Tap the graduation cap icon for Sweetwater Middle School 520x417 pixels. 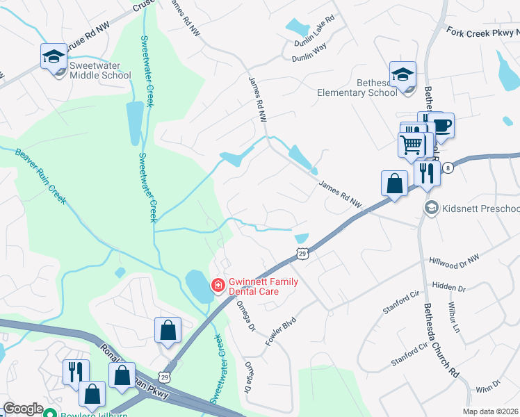53,57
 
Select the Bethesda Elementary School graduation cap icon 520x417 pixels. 403,74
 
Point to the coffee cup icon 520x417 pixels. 440,126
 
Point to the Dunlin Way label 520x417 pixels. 309,47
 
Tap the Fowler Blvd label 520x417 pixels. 281,332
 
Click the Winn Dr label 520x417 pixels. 488,383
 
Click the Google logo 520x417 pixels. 24,409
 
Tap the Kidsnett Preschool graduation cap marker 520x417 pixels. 432,208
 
